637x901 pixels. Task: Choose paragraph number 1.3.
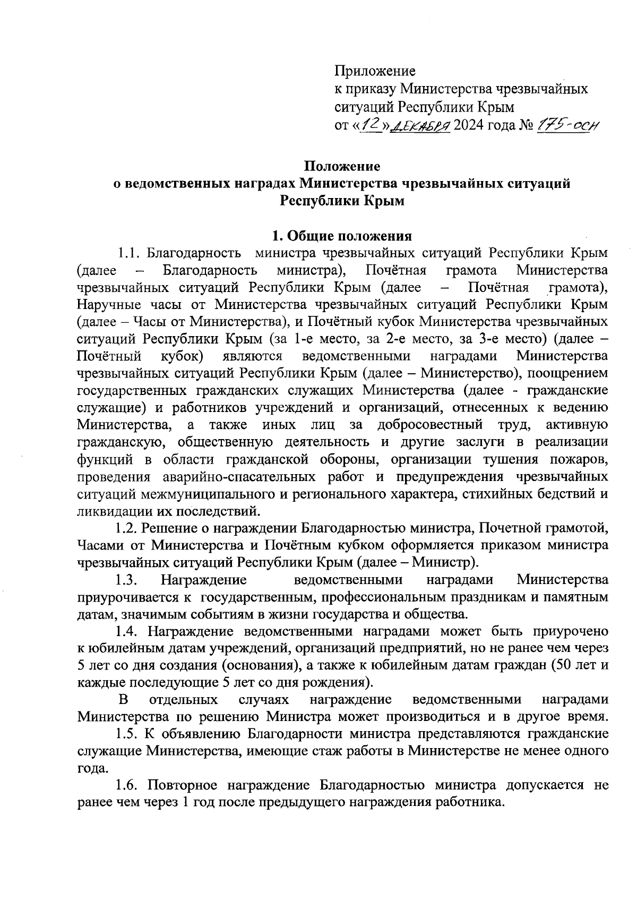tap(127, 579)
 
